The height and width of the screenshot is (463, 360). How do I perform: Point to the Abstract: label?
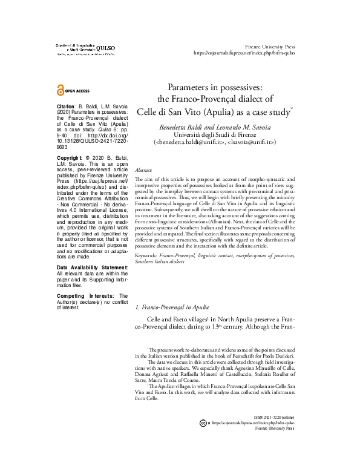click(x=144, y=172)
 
